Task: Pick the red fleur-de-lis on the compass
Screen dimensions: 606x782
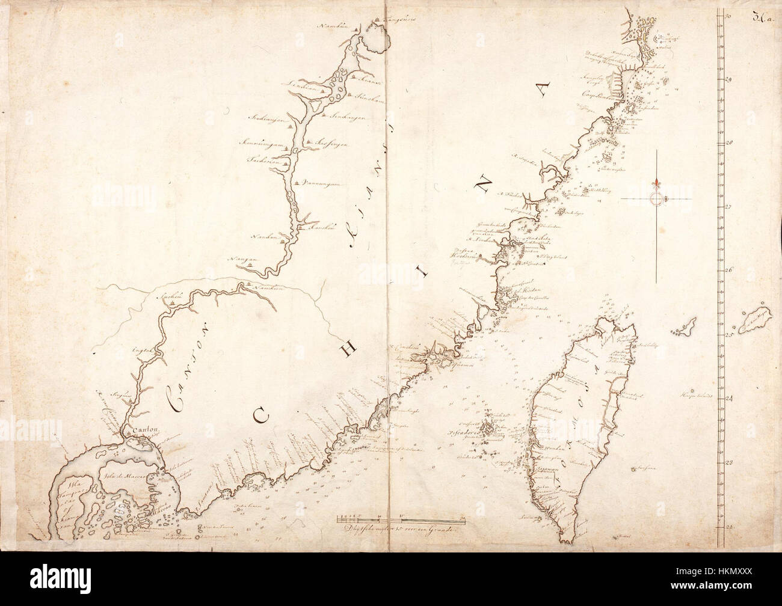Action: [x=657, y=183]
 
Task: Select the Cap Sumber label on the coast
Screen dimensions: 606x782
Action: [x=594, y=95]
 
